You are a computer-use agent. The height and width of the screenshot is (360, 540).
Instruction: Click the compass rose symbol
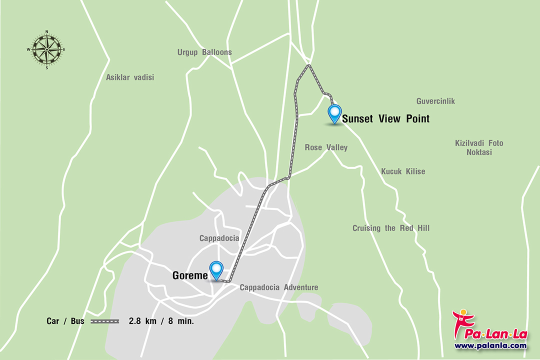tap(46, 49)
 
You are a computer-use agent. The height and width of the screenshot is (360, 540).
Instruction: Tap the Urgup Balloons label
tap(204, 52)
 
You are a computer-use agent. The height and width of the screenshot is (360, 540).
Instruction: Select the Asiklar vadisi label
tap(130, 77)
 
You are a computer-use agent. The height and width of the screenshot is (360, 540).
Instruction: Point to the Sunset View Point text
tap(385, 119)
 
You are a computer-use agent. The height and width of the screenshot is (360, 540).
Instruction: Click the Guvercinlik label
tap(435, 101)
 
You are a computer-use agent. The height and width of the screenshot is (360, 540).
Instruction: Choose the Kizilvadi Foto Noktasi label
tap(479, 147)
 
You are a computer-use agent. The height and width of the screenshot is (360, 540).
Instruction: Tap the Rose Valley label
tap(326, 147)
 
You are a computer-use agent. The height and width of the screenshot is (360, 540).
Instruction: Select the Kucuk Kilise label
tap(403, 171)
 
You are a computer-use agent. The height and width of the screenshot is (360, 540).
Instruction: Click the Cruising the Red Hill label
tap(391, 228)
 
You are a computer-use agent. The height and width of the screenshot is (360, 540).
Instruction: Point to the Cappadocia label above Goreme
tap(219, 238)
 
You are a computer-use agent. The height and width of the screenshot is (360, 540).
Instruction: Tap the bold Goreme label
tap(190, 275)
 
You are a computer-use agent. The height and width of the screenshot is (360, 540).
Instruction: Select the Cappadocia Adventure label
tap(278, 287)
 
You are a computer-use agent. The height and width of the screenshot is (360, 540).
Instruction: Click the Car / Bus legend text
tap(65, 321)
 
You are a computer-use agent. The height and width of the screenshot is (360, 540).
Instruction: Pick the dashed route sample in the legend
tap(104, 321)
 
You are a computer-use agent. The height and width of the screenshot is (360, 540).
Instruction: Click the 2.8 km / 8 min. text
tap(161, 321)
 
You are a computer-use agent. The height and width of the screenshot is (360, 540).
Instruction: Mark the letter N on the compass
tap(46, 32)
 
